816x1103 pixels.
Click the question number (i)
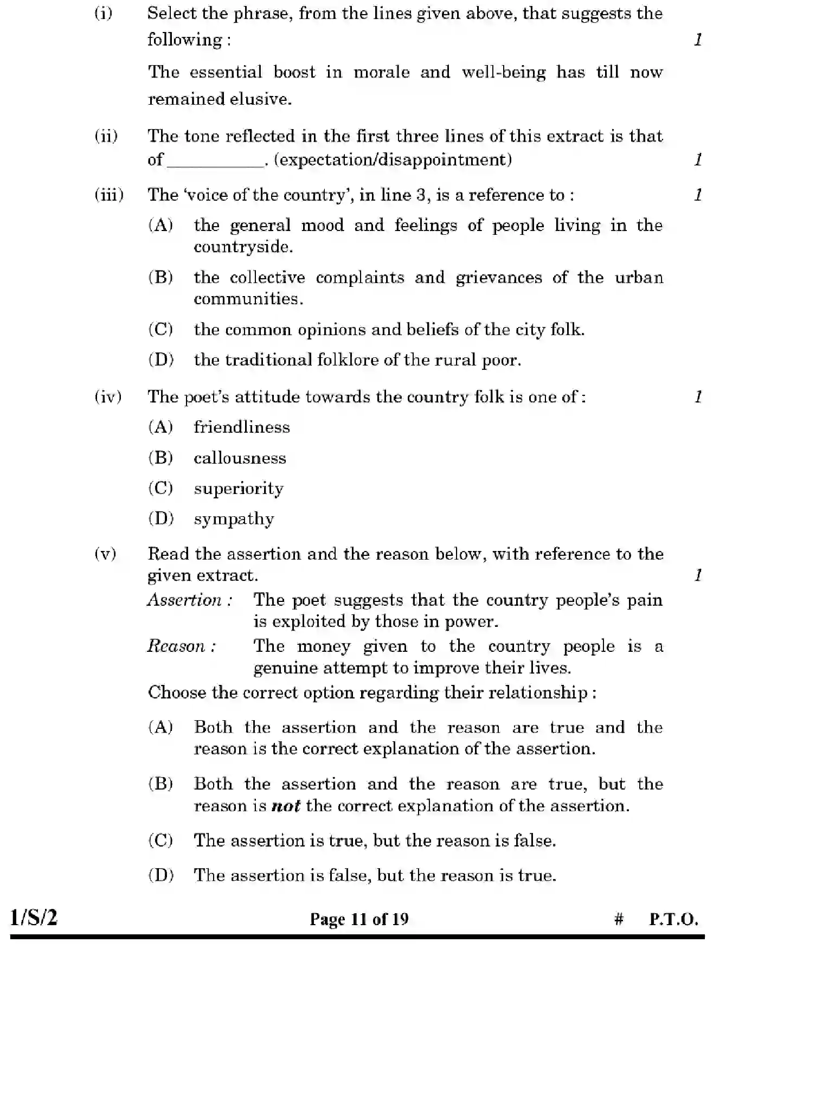(104, 13)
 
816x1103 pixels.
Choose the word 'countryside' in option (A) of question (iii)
(243, 247)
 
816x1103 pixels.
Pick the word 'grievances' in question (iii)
(498, 278)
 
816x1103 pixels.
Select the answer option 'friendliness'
(242, 427)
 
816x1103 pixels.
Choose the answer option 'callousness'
(240, 458)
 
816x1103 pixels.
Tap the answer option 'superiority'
(239, 489)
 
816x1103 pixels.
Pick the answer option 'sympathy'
(234, 520)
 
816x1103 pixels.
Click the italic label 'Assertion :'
(190, 600)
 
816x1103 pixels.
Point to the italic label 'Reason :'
(182, 646)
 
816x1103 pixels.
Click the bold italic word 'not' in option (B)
(286, 806)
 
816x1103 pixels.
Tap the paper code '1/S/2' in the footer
(34, 918)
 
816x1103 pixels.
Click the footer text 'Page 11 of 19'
(359, 919)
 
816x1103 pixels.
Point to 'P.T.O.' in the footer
(673, 919)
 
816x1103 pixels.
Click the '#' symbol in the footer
(619, 919)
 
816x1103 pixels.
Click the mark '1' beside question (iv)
(698, 397)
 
